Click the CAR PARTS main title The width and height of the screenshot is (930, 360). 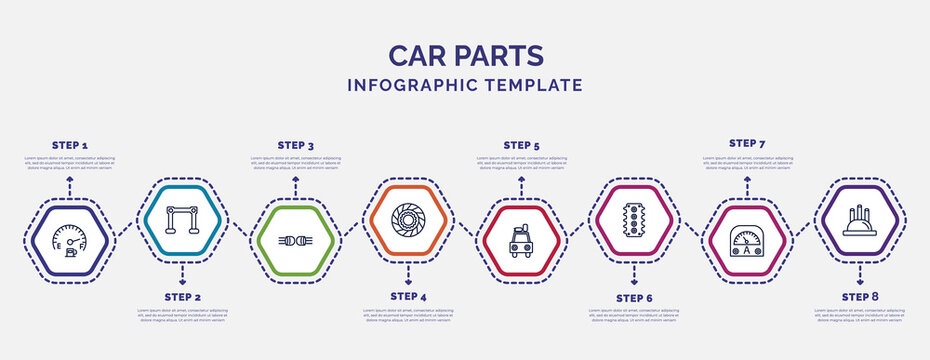coord(464,54)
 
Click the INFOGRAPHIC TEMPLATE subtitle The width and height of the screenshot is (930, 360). coord(464,85)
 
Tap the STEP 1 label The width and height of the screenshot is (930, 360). coord(69,145)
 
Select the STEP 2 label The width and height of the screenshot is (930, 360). coord(182,297)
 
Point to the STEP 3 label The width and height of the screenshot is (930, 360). coord(295,145)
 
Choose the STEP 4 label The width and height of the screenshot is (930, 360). coord(408,297)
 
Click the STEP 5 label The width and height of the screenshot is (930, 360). coord(521,145)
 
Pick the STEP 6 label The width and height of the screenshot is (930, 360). coord(634,297)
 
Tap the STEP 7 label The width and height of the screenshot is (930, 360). coord(747,143)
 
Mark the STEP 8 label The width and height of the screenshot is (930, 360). coord(860,297)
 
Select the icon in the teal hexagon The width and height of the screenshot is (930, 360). coord(182,216)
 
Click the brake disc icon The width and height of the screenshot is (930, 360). coord(408,216)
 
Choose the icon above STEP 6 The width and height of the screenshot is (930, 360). coord(634,216)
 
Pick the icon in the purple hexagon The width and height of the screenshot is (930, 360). coord(860,216)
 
